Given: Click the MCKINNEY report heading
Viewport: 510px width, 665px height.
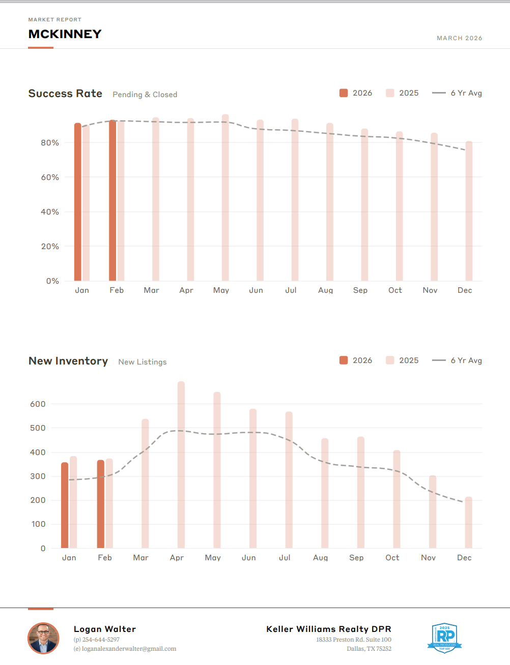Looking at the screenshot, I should pos(65,34).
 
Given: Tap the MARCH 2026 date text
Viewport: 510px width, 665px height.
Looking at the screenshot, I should pos(459,38).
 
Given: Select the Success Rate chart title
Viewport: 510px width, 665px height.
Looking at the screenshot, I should pos(65,94).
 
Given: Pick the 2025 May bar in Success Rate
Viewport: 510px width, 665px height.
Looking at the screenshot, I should pos(225,198).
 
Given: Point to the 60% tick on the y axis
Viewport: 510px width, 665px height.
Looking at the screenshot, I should pos(50,177).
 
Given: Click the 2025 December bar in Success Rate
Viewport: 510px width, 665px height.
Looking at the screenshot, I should pos(469,211).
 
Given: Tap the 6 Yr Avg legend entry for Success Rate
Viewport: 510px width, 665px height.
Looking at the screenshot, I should pos(457,93).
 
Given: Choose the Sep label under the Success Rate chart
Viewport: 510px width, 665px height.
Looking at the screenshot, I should pos(360,290).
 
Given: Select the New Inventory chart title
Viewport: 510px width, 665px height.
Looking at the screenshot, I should pos(68,361).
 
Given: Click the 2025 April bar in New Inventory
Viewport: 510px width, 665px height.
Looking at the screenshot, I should pos(181,465).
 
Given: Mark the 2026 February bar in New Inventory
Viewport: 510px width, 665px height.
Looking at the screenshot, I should pos(101,504).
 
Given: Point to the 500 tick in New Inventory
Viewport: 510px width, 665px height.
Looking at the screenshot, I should pos(38,428).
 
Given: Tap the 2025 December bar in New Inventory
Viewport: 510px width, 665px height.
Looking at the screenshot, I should pos(468,523).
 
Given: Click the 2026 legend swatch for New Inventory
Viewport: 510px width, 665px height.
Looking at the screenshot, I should pos(344,360).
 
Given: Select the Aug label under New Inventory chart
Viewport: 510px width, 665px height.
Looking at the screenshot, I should pos(320,558).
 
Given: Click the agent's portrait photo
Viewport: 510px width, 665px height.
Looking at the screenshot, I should pos(43,638).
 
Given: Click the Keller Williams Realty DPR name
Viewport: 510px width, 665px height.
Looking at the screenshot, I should pos(328,629).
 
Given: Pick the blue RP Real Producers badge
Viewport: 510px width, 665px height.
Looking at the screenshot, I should pos(444,638).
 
